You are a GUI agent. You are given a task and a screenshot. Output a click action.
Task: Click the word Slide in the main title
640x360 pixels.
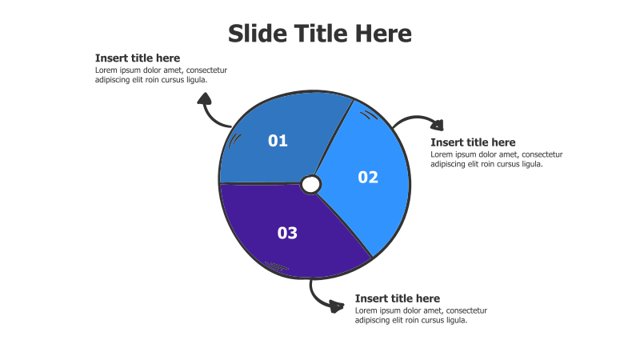coord(258,34)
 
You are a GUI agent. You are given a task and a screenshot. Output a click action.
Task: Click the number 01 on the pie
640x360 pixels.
coord(278,141)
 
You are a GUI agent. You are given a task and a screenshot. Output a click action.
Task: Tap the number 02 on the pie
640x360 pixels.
coord(368,177)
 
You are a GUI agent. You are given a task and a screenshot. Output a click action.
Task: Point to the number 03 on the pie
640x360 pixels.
coord(287,233)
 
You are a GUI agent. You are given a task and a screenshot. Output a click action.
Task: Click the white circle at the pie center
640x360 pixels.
coord(311,185)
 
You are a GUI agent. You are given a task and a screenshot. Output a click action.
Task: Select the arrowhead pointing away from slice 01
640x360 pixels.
coord(205,98)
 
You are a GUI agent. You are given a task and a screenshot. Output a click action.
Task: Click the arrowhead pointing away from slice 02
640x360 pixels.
coord(438,125)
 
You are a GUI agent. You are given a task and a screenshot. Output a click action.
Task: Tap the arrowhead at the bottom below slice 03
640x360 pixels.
coord(337,306)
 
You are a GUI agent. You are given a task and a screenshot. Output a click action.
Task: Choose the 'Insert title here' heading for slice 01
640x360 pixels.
coord(138,58)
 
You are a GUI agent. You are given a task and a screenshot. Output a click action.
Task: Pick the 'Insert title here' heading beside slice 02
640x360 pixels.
coord(473,142)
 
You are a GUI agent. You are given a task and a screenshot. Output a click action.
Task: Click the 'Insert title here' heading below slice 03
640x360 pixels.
coord(398,298)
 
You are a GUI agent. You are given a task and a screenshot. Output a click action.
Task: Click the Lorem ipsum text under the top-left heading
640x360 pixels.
coord(162,75)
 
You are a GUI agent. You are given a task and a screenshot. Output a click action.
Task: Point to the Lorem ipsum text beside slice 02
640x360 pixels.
coord(497,159)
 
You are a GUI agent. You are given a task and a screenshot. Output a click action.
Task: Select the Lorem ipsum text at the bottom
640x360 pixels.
coord(422,315)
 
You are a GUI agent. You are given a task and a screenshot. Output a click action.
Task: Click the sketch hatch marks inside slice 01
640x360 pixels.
coord(234,141)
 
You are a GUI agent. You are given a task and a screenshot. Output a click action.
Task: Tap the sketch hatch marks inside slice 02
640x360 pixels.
coord(370,114)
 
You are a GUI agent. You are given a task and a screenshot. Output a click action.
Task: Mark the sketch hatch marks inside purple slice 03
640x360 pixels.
coord(276,267)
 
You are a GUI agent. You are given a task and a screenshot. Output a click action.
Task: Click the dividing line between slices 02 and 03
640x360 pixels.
coord(344,226)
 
